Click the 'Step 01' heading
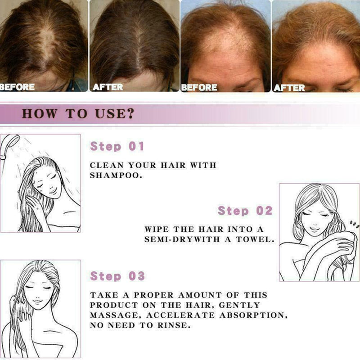[117, 146]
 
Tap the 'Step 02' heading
[245, 211]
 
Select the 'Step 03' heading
[117, 276]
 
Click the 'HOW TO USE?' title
[78, 113]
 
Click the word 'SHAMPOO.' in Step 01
[116, 175]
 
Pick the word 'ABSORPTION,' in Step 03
[253, 315]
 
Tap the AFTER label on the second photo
[108, 87]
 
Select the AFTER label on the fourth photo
[289, 87]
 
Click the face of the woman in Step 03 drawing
[38, 292]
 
